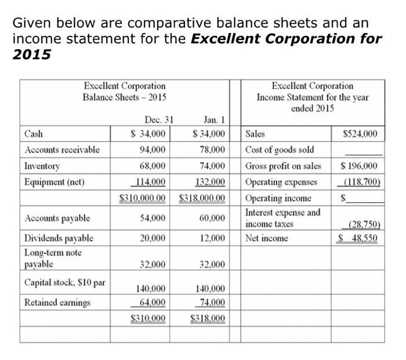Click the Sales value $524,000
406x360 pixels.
[x=360, y=134]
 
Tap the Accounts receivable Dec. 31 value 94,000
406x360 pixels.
[x=153, y=150]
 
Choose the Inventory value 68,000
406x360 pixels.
[x=153, y=166]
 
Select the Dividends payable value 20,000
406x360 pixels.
[x=153, y=238]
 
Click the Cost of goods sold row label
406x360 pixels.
[x=280, y=150]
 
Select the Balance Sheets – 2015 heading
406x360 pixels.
[x=125, y=97]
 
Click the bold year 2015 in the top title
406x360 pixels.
[x=32, y=55]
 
